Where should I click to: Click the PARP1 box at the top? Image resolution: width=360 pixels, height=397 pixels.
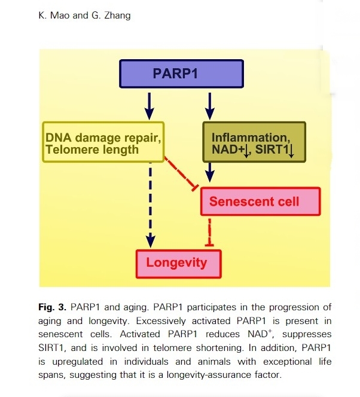coord(182,74)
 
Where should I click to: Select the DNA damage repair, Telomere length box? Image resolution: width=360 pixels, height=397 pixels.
coord(103,142)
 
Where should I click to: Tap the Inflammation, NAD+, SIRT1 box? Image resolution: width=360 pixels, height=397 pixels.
coord(254,142)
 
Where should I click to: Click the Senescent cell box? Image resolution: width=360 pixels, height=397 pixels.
coord(260,201)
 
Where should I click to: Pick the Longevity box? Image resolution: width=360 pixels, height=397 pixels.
coord(177,262)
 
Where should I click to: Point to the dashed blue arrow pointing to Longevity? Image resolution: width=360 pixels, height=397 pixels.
coord(150,203)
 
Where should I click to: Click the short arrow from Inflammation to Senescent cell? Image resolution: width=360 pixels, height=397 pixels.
coord(209,173)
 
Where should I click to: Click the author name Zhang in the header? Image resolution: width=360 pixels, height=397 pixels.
coord(114,15)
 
